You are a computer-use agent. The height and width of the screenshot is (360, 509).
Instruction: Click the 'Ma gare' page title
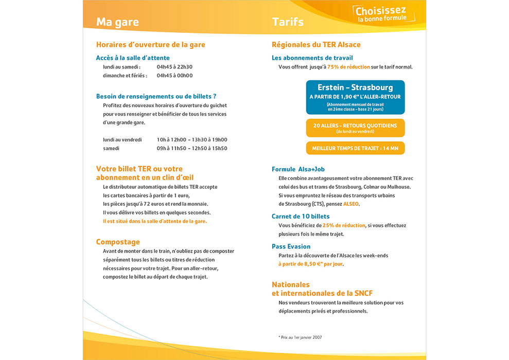click(x=117, y=22)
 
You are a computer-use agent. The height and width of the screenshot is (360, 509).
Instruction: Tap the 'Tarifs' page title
click(x=288, y=22)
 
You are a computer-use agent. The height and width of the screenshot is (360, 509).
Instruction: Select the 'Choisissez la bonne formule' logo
click(x=381, y=14)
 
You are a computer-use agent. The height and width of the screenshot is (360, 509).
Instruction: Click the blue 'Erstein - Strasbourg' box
click(x=355, y=97)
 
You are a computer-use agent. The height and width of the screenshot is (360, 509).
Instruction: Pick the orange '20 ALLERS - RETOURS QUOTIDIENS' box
click(x=355, y=128)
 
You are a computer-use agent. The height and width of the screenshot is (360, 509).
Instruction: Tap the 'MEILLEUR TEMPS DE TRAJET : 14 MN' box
click(x=355, y=148)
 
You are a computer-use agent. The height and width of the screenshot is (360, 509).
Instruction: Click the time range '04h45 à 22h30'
click(x=174, y=67)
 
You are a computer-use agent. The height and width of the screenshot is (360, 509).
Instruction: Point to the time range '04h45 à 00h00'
click(x=174, y=76)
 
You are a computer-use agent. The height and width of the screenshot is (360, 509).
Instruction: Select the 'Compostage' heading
click(x=118, y=242)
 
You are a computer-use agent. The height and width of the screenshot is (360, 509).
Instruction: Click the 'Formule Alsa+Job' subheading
click(x=298, y=169)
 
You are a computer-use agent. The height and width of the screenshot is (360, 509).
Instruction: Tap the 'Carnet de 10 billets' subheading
click(x=301, y=217)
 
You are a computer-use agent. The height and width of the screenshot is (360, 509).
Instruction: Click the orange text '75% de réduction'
click(x=348, y=67)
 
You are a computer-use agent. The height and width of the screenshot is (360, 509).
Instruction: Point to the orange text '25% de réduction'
click(x=343, y=225)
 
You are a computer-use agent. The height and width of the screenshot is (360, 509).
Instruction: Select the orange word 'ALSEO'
click(x=351, y=204)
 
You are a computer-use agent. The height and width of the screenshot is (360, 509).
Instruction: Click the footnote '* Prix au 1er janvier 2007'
click(x=300, y=337)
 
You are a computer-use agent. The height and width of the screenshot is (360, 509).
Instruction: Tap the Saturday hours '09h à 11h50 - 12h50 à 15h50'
click(x=192, y=149)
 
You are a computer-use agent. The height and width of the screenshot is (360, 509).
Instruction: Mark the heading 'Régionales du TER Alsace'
click(x=316, y=45)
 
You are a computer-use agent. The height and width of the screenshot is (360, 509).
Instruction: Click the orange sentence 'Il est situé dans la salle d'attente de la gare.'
click(x=155, y=221)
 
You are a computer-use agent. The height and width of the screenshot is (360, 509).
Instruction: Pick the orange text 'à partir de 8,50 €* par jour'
click(x=310, y=264)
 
